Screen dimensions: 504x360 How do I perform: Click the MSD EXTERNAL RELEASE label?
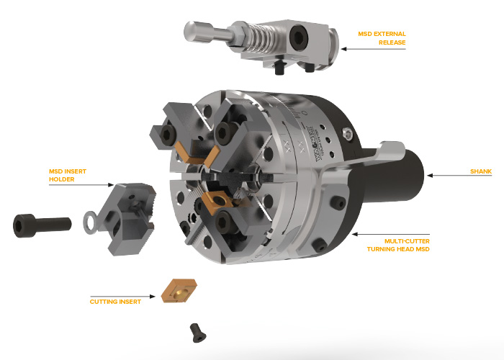[382, 38]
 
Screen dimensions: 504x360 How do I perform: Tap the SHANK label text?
[481, 171]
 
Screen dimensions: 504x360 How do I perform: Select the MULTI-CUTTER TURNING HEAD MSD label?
[398, 245]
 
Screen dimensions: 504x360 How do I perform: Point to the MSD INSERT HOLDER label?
[68, 175]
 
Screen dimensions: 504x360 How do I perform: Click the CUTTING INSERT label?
[115, 302]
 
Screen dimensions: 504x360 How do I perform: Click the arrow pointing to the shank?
[459, 176]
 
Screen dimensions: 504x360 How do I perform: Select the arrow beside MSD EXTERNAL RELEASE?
[373, 49]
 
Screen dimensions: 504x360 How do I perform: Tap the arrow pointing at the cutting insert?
[123, 297]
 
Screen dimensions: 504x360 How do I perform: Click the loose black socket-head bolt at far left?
[42, 225]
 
